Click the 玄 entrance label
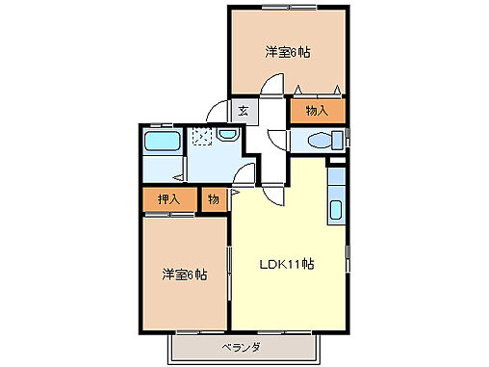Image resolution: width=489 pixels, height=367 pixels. point(243,111)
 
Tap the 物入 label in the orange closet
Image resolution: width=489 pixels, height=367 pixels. point(317,111)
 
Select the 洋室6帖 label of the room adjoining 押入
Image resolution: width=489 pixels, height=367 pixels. point(184,275)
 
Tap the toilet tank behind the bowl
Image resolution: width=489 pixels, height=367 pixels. point(335,142)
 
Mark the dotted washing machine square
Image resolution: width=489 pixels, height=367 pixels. point(201,137)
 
